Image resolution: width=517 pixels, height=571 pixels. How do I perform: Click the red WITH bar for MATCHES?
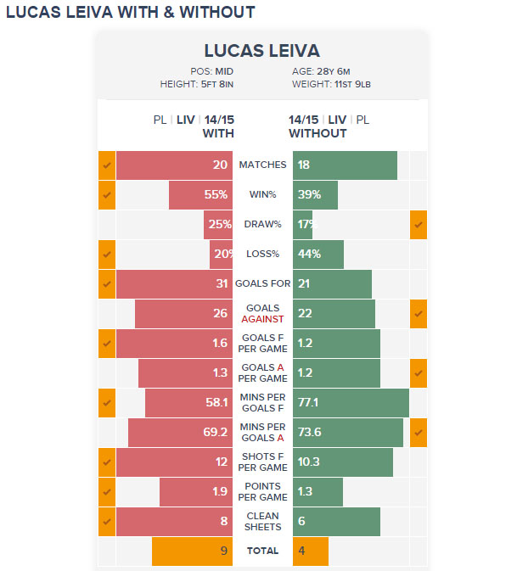(x=174, y=165)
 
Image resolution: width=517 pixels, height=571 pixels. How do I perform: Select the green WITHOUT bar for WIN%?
(x=315, y=195)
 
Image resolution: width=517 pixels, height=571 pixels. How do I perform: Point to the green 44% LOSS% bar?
(x=318, y=255)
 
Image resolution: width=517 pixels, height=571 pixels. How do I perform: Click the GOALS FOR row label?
(x=262, y=284)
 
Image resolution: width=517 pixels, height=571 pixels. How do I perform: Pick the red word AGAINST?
(x=262, y=320)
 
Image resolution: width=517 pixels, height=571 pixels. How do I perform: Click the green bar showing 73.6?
(x=347, y=433)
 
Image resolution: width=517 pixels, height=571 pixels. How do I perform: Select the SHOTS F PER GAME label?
(x=262, y=462)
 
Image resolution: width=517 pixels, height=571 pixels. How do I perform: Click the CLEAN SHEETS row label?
(x=262, y=522)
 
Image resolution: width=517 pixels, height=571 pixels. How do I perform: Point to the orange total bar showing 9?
(x=192, y=551)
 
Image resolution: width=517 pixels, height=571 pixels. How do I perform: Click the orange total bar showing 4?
(x=310, y=551)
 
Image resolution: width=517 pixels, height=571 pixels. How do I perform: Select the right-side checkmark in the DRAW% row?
(x=418, y=225)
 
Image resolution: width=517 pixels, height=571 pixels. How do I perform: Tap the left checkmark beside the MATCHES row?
(x=107, y=165)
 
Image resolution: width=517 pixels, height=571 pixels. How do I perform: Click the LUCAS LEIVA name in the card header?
(x=262, y=51)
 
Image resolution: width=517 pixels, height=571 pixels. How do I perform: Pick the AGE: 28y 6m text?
(x=321, y=72)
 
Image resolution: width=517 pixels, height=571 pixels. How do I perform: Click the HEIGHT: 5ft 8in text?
(x=197, y=85)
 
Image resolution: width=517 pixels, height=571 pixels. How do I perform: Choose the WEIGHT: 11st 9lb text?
(x=329, y=85)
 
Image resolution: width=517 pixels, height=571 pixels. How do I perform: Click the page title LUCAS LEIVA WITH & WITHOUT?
(x=130, y=13)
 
